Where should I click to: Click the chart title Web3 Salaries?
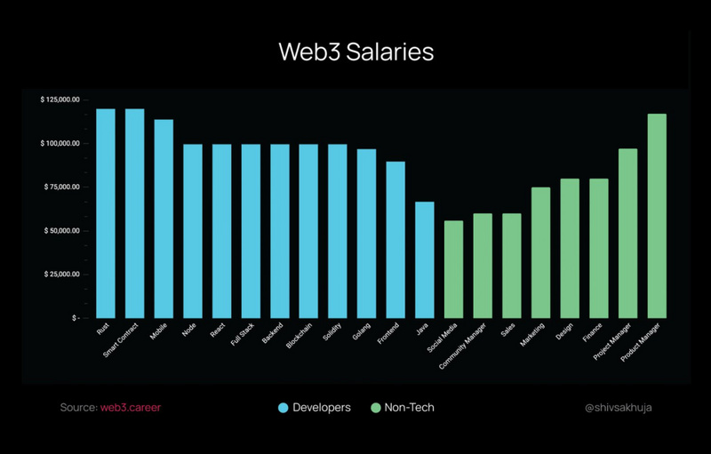355,52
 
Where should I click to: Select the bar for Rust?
106,213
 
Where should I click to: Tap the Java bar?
425,259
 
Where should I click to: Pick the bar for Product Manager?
657,216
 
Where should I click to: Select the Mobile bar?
164,219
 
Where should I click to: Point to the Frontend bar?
395,240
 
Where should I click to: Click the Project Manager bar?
627,233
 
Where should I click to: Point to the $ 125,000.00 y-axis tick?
60,100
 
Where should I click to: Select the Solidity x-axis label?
333,335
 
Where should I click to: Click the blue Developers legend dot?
284,408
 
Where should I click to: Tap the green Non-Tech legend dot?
375,408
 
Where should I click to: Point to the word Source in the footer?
77,408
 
